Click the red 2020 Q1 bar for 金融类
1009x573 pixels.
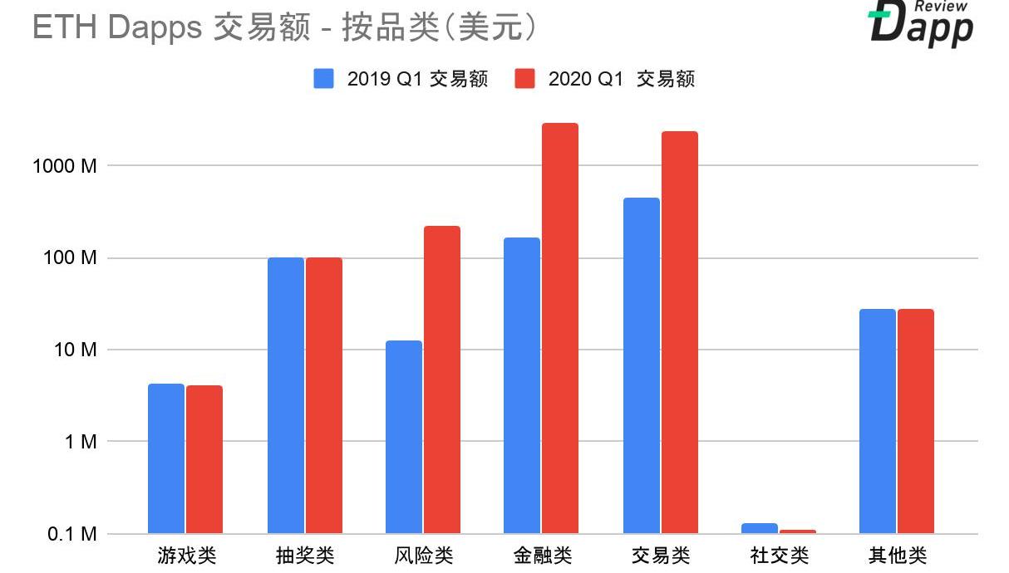[x=560, y=328]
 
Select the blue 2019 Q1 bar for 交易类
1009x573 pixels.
[x=641, y=365]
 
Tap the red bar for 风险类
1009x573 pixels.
[x=442, y=380]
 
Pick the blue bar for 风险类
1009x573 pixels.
[x=404, y=437]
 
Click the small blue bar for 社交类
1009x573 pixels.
[x=759, y=528]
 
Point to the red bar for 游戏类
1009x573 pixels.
[x=204, y=459]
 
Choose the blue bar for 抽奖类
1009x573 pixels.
[x=286, y=395]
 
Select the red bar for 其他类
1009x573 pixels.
[x=916, y=421]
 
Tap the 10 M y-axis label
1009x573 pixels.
[x=75, y=350]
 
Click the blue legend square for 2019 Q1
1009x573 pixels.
[x=323, y=79]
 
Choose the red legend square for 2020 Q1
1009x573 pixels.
[x=524, y=79]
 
